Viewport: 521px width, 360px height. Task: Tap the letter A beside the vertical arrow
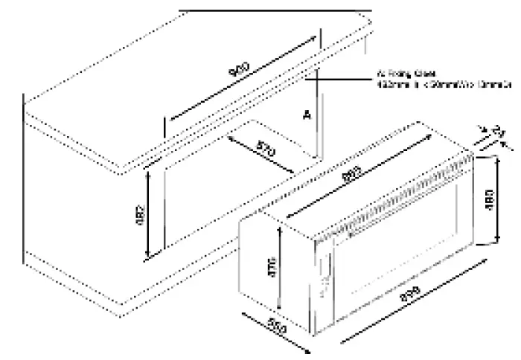pyautogui.click(x=306, y=115)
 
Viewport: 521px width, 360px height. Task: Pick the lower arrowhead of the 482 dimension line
pyautogui.click(x=149, y=257)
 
